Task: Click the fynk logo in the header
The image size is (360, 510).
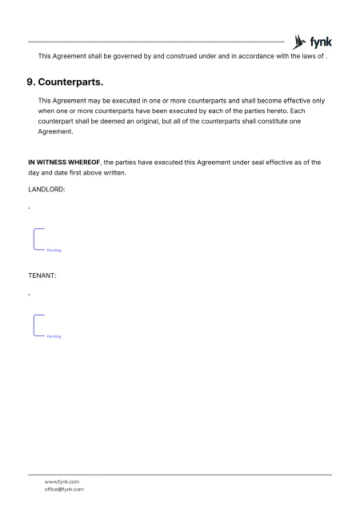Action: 313,42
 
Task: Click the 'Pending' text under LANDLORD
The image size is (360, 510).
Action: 54,251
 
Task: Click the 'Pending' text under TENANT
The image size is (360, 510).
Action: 54,336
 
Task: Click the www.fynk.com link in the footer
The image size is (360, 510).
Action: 62,481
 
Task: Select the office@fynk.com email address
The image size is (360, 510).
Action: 65,489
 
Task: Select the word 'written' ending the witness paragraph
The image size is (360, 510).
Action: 114,172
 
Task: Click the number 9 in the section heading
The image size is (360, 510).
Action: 31,82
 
